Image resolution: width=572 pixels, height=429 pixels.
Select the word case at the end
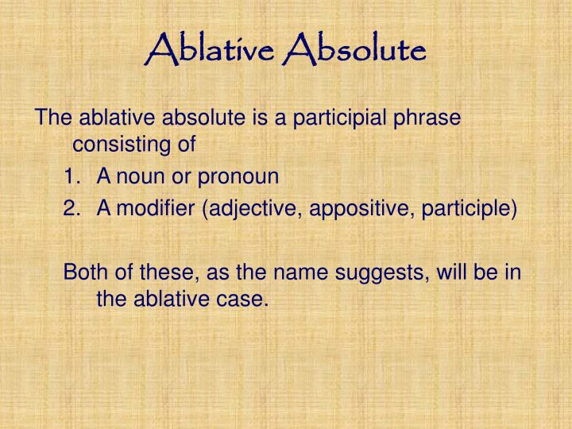245,300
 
